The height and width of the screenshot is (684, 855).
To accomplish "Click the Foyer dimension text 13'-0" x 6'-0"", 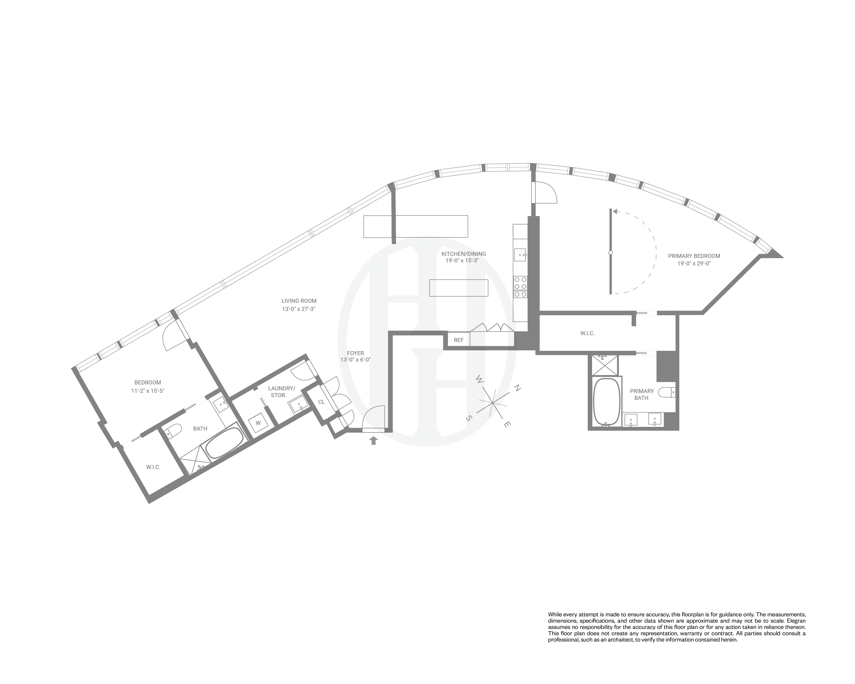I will [355, 360].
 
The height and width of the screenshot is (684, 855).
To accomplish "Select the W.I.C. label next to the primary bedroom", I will [587, 334].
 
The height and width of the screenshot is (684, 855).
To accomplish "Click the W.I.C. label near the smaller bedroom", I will [153, 467].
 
